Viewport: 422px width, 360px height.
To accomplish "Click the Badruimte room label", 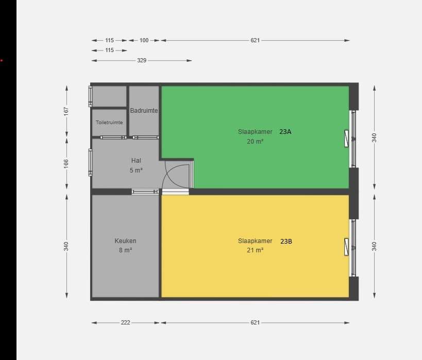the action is tap(144, 110).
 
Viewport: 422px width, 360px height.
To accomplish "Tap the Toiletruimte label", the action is tap(109, 122).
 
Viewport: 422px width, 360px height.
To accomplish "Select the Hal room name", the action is tap(136, 160).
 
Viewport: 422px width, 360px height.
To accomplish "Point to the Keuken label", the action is tap(125, 241).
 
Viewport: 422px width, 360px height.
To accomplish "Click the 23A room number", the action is tap(285, 131).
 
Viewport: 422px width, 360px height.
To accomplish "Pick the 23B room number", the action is tap(286, 241).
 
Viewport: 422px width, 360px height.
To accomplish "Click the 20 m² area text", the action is tap(255, 141).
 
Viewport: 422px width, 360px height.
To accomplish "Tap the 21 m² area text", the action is tap(255, 250).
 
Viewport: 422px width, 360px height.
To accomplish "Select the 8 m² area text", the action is tap(125, 250).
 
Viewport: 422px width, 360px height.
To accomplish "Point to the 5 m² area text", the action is tap(136, 170).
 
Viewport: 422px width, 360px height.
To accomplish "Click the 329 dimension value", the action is tap(142, 60).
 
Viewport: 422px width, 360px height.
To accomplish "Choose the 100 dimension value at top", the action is tap(144, 40).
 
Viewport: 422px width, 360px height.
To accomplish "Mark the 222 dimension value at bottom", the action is tap(125, 322).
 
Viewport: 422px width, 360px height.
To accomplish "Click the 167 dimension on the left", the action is tap(66, 111).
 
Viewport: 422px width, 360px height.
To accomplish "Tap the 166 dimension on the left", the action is tap(66, 164).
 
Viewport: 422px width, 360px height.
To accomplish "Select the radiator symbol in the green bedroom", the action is tap(346, 139).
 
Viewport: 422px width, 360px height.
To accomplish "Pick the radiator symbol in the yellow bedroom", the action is tap(346, 247).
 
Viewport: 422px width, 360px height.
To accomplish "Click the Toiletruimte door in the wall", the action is tap(113, 138).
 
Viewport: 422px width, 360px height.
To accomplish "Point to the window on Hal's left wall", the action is tap(90, 163).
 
